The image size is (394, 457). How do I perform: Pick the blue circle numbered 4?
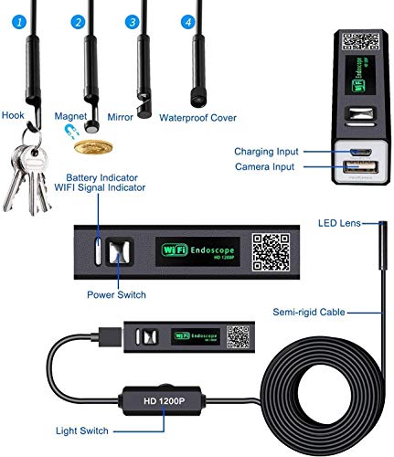(x=188, y=20)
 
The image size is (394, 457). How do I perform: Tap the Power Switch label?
(x=117, y=295)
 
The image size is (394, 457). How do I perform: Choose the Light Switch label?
(x=81, y=430)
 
